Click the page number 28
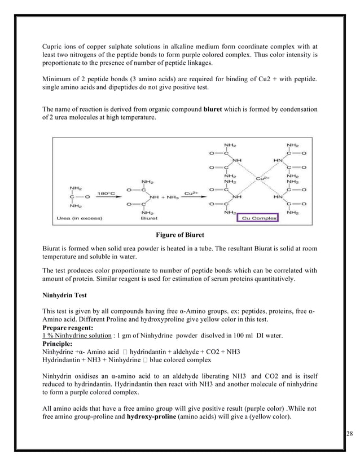(349, 433)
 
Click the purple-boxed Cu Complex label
(260, 218)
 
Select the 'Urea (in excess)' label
(79, 218)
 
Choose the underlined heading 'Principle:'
(57, 344)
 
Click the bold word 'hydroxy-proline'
(152, 417)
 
